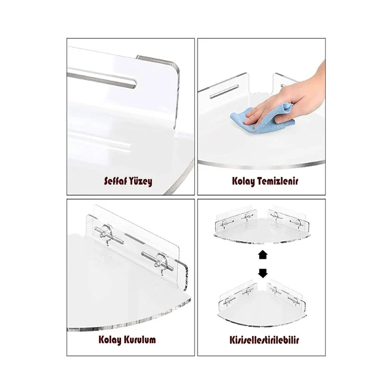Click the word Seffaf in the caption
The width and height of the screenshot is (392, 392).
coord(116,181)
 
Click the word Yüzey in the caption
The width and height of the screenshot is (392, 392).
coord(141,181)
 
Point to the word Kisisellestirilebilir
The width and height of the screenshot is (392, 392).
coord(264,340)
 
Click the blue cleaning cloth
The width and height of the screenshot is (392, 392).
coord(263,118)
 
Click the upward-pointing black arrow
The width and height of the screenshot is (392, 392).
coord(263,255)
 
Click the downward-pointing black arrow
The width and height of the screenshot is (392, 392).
coord(263,273)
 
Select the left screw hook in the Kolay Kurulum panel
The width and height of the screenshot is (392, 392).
coord(105,234)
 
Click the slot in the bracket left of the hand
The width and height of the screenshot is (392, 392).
coord(224,92)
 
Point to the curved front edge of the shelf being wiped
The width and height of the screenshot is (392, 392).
coord(262,165)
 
